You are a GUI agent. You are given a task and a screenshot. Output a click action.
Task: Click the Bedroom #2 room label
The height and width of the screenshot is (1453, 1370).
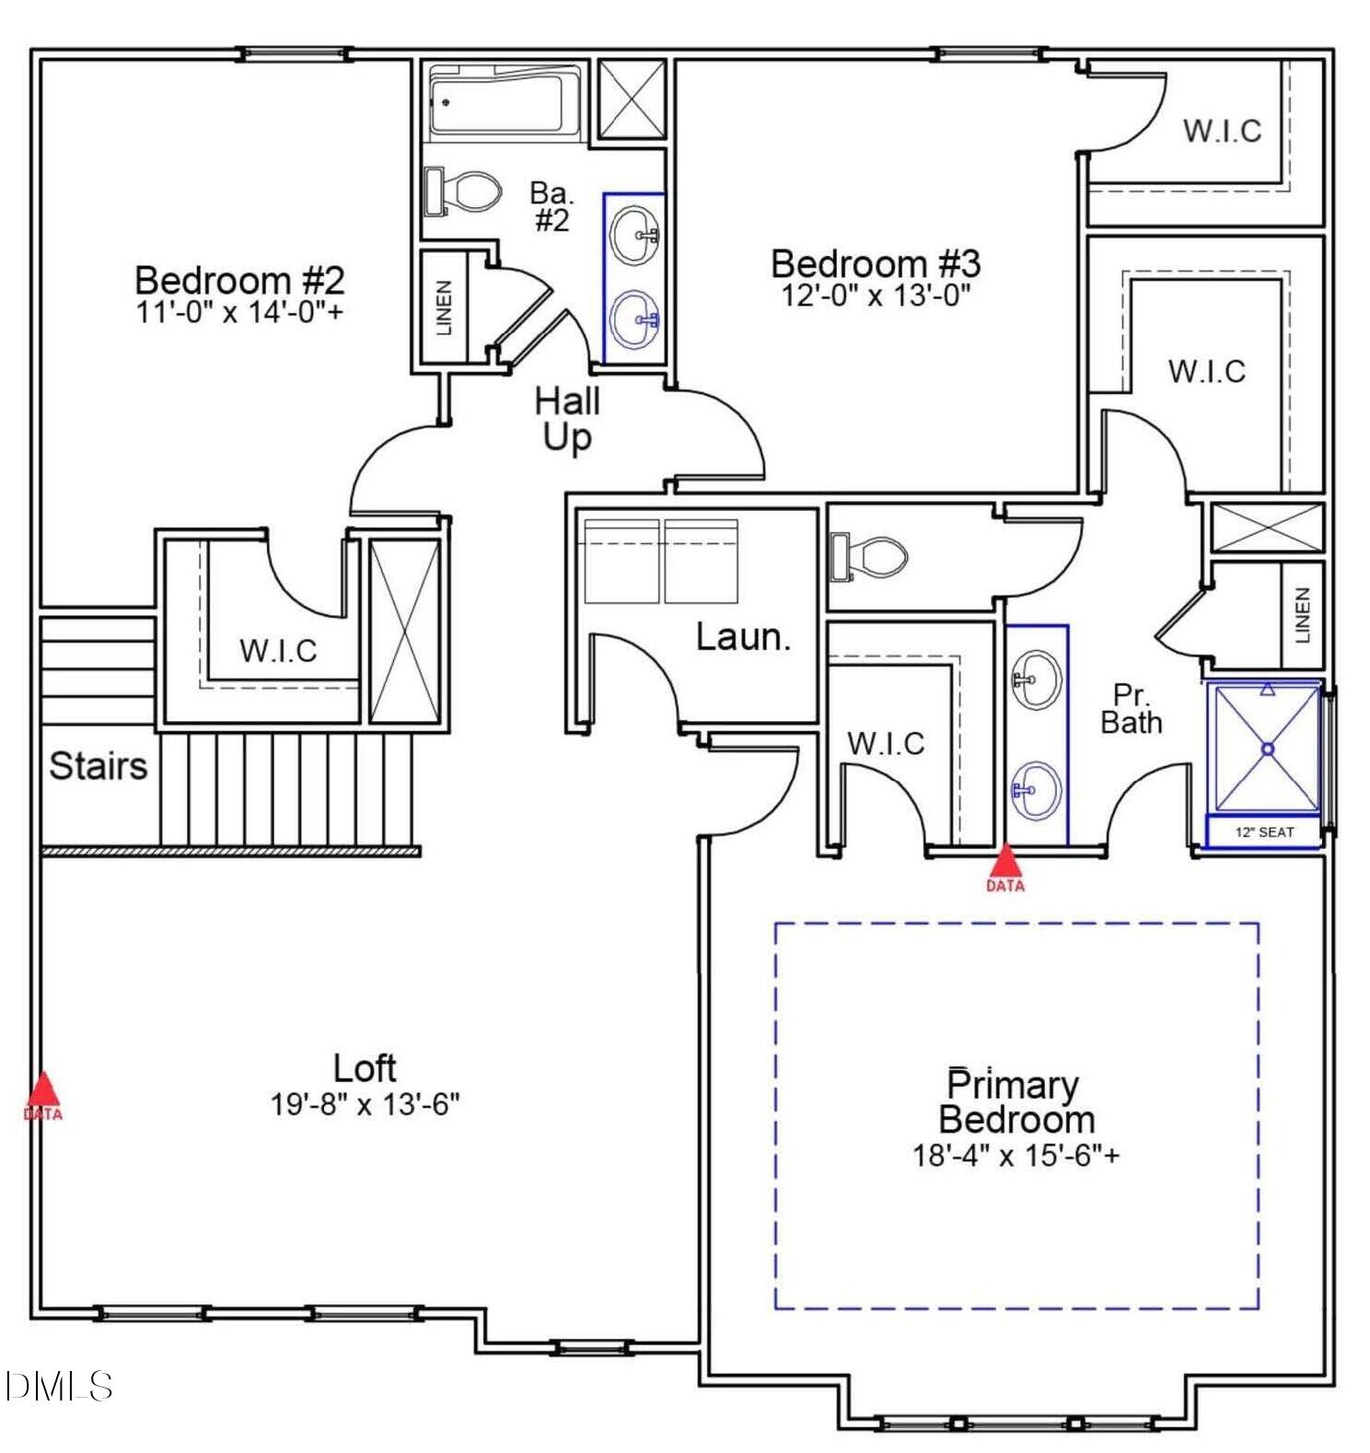239,280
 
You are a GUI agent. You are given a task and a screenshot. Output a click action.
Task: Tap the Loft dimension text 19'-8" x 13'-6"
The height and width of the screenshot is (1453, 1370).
365,1104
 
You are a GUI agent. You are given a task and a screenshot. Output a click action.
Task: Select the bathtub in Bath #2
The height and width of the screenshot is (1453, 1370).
498,103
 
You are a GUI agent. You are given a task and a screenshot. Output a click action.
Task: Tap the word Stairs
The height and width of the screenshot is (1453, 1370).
98,766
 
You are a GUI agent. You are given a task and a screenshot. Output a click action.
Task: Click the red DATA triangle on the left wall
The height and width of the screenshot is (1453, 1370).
42,1092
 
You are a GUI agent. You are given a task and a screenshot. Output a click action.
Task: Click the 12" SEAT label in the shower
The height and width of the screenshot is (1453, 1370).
1264,832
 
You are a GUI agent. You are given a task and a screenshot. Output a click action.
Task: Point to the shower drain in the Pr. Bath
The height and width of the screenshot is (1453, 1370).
1268,750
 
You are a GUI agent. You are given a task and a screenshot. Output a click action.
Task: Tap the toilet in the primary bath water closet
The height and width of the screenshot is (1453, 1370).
869,556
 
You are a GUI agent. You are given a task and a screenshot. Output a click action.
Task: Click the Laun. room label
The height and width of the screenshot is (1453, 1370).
742,637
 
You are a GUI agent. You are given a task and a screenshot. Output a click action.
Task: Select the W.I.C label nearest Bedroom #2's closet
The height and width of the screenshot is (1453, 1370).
278,651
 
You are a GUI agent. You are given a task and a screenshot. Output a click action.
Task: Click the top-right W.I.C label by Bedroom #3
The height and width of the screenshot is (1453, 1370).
1222,131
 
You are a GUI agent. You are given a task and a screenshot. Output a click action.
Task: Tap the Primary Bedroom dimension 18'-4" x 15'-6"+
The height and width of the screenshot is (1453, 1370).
1016,1155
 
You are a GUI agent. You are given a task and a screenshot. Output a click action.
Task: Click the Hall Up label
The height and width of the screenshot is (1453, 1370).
567,419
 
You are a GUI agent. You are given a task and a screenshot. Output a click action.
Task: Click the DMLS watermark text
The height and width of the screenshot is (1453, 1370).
58,1387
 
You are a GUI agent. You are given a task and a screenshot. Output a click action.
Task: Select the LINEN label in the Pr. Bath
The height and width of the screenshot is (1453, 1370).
1302,616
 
